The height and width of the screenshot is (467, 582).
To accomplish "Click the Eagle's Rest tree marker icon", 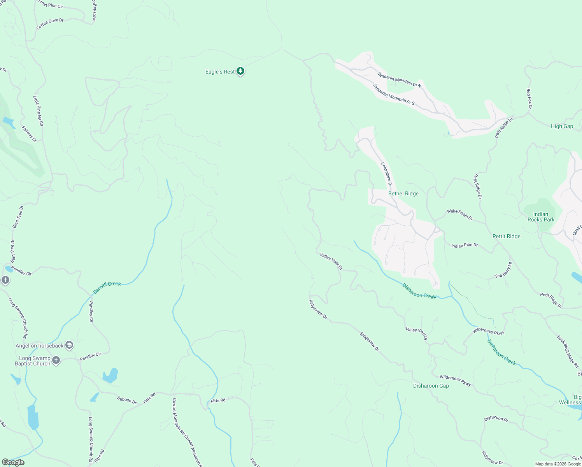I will [241, 71].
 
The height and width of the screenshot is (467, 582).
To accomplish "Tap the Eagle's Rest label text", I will [220, 72].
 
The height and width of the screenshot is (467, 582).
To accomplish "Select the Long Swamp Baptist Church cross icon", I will [56, 360].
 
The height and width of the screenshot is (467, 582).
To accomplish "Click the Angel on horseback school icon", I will [69, 345].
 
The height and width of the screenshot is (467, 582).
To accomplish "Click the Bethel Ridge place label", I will [403, 193].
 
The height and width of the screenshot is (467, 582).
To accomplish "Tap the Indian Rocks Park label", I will [541, 217].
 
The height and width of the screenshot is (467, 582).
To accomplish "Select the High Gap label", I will [562, 126].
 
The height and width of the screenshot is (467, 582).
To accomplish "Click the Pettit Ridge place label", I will [506, 236].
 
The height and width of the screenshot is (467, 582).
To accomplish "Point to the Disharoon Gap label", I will [431, 386].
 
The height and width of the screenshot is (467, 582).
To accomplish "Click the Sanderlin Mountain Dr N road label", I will [399, 79].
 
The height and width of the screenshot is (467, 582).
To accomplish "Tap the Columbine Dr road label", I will [386, 174].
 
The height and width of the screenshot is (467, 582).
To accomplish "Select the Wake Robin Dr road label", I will [460, 215].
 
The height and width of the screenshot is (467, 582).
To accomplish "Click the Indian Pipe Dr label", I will [465, 246].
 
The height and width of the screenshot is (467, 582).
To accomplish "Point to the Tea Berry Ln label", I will [503, 270].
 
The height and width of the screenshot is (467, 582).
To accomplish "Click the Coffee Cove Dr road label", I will [50, 24].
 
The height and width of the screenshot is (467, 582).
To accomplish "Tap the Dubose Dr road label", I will [127, 400].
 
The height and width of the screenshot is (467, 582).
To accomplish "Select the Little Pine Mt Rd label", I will [38, 111].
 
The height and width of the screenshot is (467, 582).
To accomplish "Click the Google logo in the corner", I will [13, 462].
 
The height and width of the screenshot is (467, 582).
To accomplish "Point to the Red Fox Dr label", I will [529, 98].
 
